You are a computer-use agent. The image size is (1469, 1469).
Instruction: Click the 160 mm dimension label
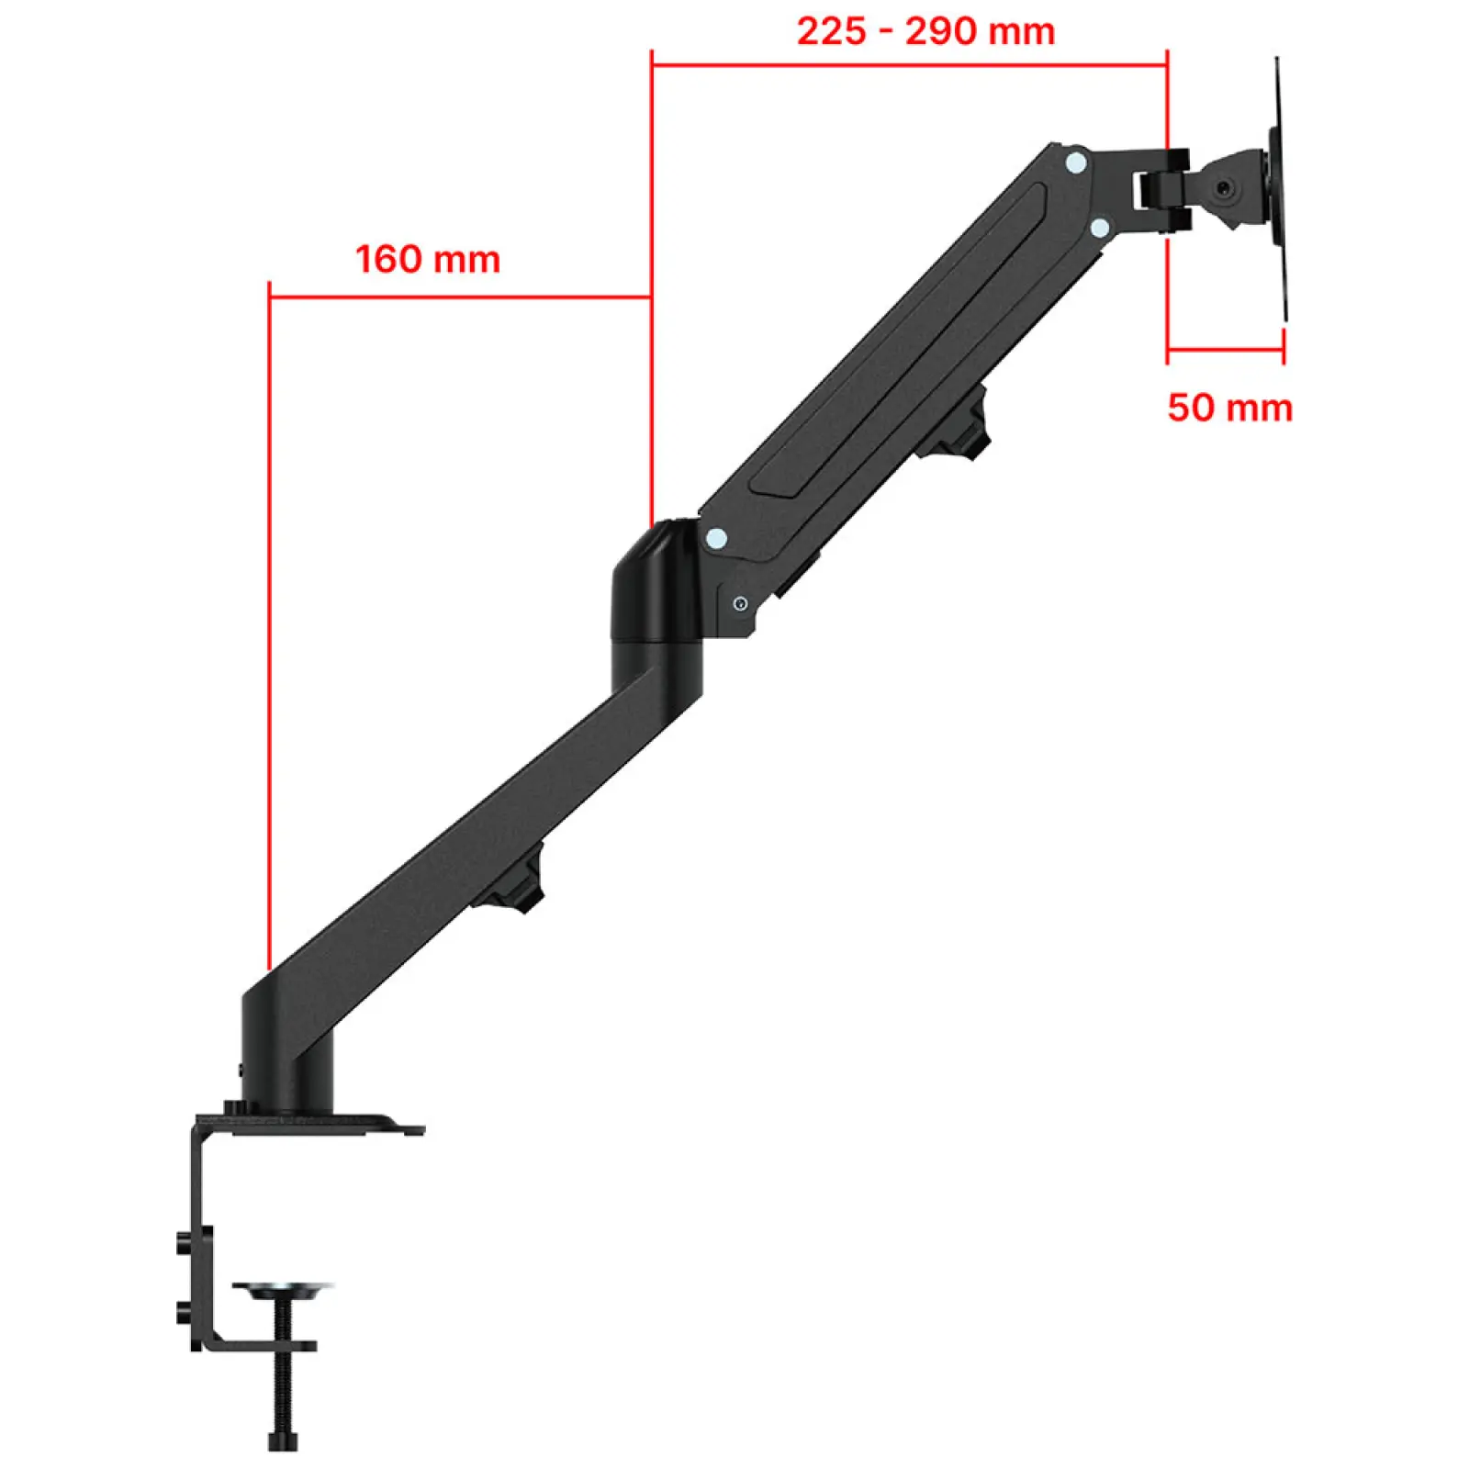[428, 259]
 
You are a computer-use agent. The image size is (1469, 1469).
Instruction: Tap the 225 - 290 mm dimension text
[925, 31]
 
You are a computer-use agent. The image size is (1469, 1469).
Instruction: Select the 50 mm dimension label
[1229, 407]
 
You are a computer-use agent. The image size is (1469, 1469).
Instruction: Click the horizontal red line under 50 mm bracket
[1225, 350]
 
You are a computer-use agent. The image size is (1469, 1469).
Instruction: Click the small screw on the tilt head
[1225, 189]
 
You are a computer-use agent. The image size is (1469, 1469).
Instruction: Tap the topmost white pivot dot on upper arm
[1076, 163]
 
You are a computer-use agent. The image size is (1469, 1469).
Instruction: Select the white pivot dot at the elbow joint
[716, 538]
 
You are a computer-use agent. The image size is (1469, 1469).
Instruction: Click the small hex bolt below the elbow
[740, 603]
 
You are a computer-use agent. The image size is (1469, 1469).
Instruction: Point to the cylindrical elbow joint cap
[657, 583]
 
